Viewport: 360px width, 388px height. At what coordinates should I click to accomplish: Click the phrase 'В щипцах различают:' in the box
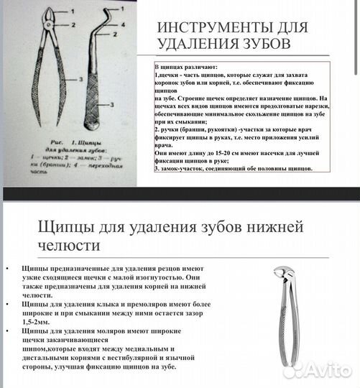click(x=180, y=66)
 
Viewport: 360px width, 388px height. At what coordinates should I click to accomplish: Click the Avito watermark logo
click(x=316, y=370)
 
